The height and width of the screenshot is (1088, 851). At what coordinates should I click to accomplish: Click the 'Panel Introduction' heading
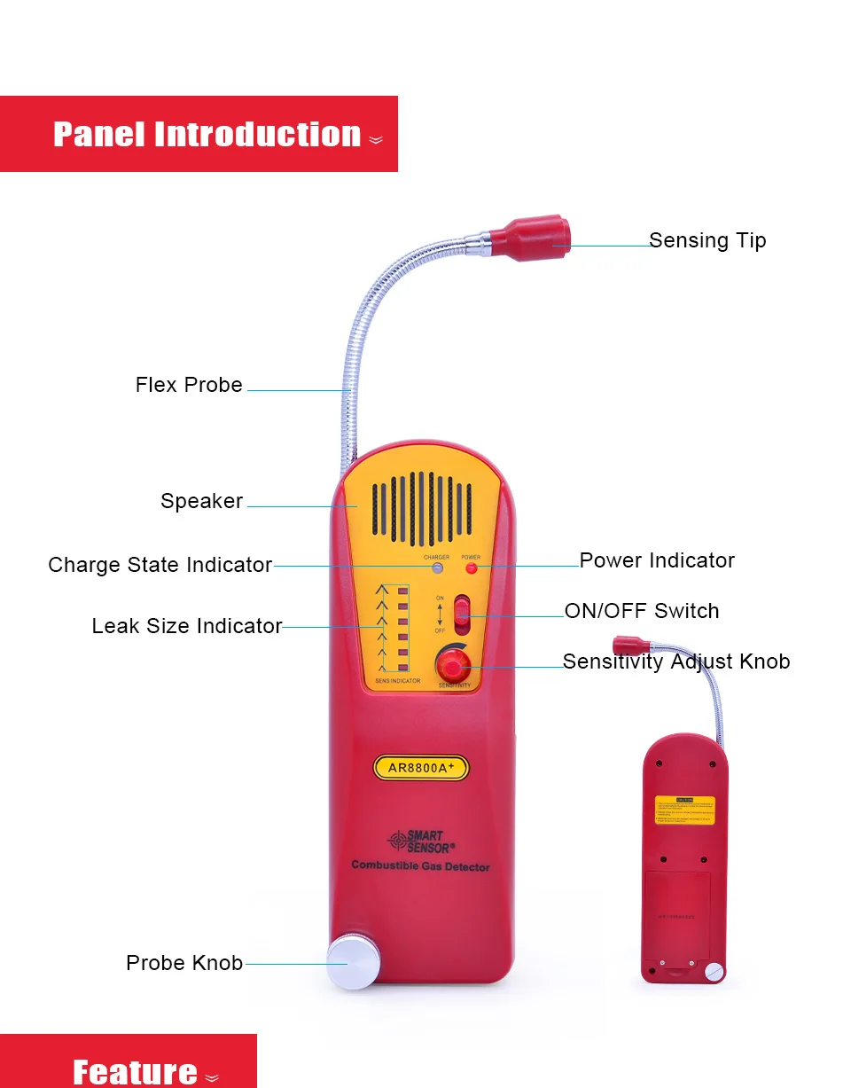click(207, 135)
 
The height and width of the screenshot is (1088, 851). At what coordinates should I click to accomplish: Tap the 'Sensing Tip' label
click(707, 240)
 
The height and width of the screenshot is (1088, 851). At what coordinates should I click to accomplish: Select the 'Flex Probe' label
click(189, 385)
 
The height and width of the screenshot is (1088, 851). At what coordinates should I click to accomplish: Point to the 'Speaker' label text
click(201, 501)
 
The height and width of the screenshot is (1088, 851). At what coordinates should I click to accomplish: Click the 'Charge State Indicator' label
click(160, 565)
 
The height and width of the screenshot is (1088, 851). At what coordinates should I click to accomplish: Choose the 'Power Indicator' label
click(657, 560)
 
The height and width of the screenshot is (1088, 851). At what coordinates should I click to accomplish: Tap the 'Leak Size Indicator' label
click(186, 626)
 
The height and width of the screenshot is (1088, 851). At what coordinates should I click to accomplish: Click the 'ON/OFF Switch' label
click(642, 611)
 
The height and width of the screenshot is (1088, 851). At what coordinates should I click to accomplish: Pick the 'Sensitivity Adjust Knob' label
click(676, 661)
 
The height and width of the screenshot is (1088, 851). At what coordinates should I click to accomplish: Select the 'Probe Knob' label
click(184, 963)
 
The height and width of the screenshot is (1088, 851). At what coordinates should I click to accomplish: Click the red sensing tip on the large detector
click(532, 238)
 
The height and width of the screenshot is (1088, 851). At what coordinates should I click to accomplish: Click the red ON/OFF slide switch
click(462, 614)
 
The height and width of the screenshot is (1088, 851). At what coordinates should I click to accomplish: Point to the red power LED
click(471, 568)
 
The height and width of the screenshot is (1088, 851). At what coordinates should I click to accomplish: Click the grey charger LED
click(436, 568)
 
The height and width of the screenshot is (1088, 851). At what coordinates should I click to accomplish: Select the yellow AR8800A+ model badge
click(420, 768)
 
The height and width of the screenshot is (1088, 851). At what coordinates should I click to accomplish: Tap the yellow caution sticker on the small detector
click(684, 810)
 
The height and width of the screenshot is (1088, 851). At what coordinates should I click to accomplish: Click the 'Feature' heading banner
click(135, 1070)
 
